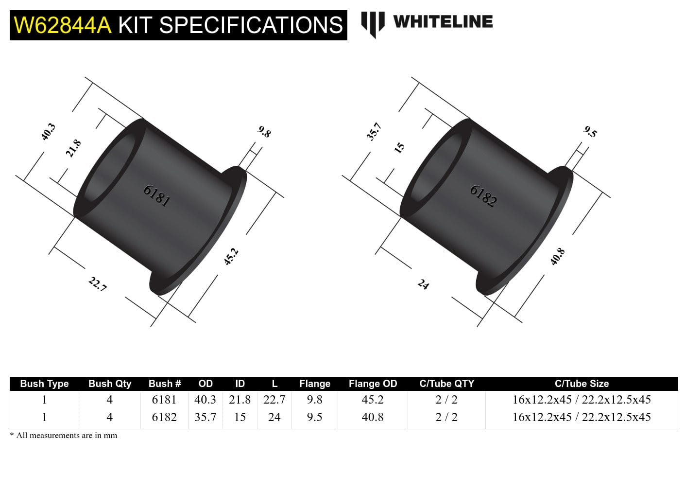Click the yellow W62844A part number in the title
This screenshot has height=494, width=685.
coord(63,25)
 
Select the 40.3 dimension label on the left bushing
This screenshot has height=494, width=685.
coord(48,132)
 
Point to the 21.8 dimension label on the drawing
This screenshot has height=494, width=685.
coord(73,148)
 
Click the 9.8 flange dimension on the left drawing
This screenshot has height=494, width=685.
coord(264,132)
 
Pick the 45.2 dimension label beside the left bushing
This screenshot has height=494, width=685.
coord(231,256)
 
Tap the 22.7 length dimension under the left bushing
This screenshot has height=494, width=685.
coord(97,284)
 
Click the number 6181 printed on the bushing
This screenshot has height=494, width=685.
coord(157,195)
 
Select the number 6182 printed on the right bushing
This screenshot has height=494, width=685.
coord(483,196)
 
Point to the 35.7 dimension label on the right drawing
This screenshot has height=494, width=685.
coord(374,132)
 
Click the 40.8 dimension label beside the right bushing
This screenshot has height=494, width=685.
coord(557,256)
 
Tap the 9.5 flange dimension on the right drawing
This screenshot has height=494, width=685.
coord(590,132)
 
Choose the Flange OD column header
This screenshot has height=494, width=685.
coord(373,384)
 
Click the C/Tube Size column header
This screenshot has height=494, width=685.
coord(582,384)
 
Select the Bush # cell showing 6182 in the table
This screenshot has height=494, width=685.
coord(164,417)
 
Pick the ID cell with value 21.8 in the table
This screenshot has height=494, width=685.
coord(240,400)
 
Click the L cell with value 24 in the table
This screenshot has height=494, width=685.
coord(274,417)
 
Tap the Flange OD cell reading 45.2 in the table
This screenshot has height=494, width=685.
coord(373,400)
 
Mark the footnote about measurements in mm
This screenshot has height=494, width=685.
coord(64,436)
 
